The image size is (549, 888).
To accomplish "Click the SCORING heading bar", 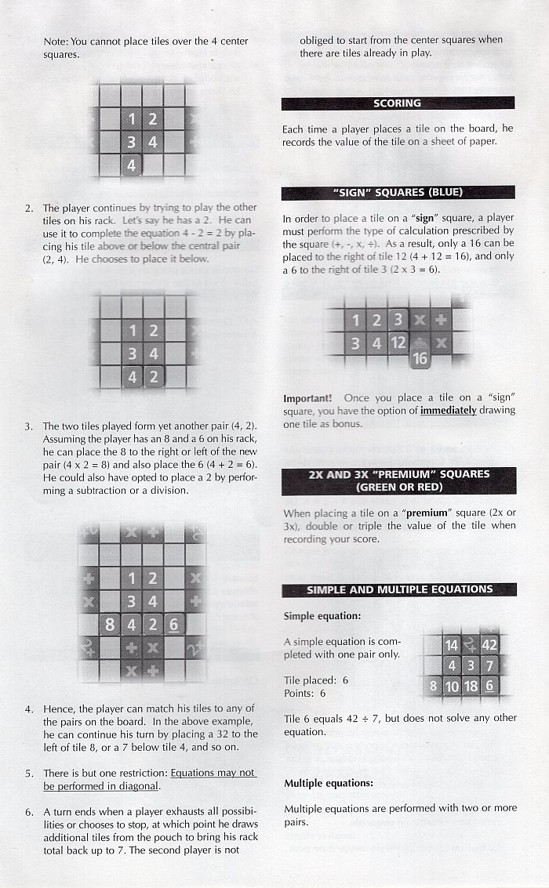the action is (398, 103).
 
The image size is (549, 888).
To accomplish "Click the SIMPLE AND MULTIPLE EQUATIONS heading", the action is (399, 589).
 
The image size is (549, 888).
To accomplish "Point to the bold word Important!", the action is (307, 398).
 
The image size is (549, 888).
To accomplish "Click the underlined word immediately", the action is (448, 411).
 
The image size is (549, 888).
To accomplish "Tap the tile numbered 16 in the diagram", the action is (420, 358).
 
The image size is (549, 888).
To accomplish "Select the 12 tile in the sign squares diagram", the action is (398, 343).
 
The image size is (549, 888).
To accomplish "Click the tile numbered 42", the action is (489, 645).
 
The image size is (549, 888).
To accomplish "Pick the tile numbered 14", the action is (452, 645).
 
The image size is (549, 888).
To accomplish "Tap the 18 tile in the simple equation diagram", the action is (471, 687).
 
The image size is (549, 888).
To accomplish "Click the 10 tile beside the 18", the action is (452, 687).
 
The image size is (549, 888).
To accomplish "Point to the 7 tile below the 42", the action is (489, 665).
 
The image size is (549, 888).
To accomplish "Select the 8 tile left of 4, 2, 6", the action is (110, 625).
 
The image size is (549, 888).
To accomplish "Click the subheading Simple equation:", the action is (322, 616).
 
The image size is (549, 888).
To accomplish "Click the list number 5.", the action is (29, 774).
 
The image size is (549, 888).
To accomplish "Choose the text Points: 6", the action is (305, 693).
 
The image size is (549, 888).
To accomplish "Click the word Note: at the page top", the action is (56, 42).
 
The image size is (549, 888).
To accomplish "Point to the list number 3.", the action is (29, 426).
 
